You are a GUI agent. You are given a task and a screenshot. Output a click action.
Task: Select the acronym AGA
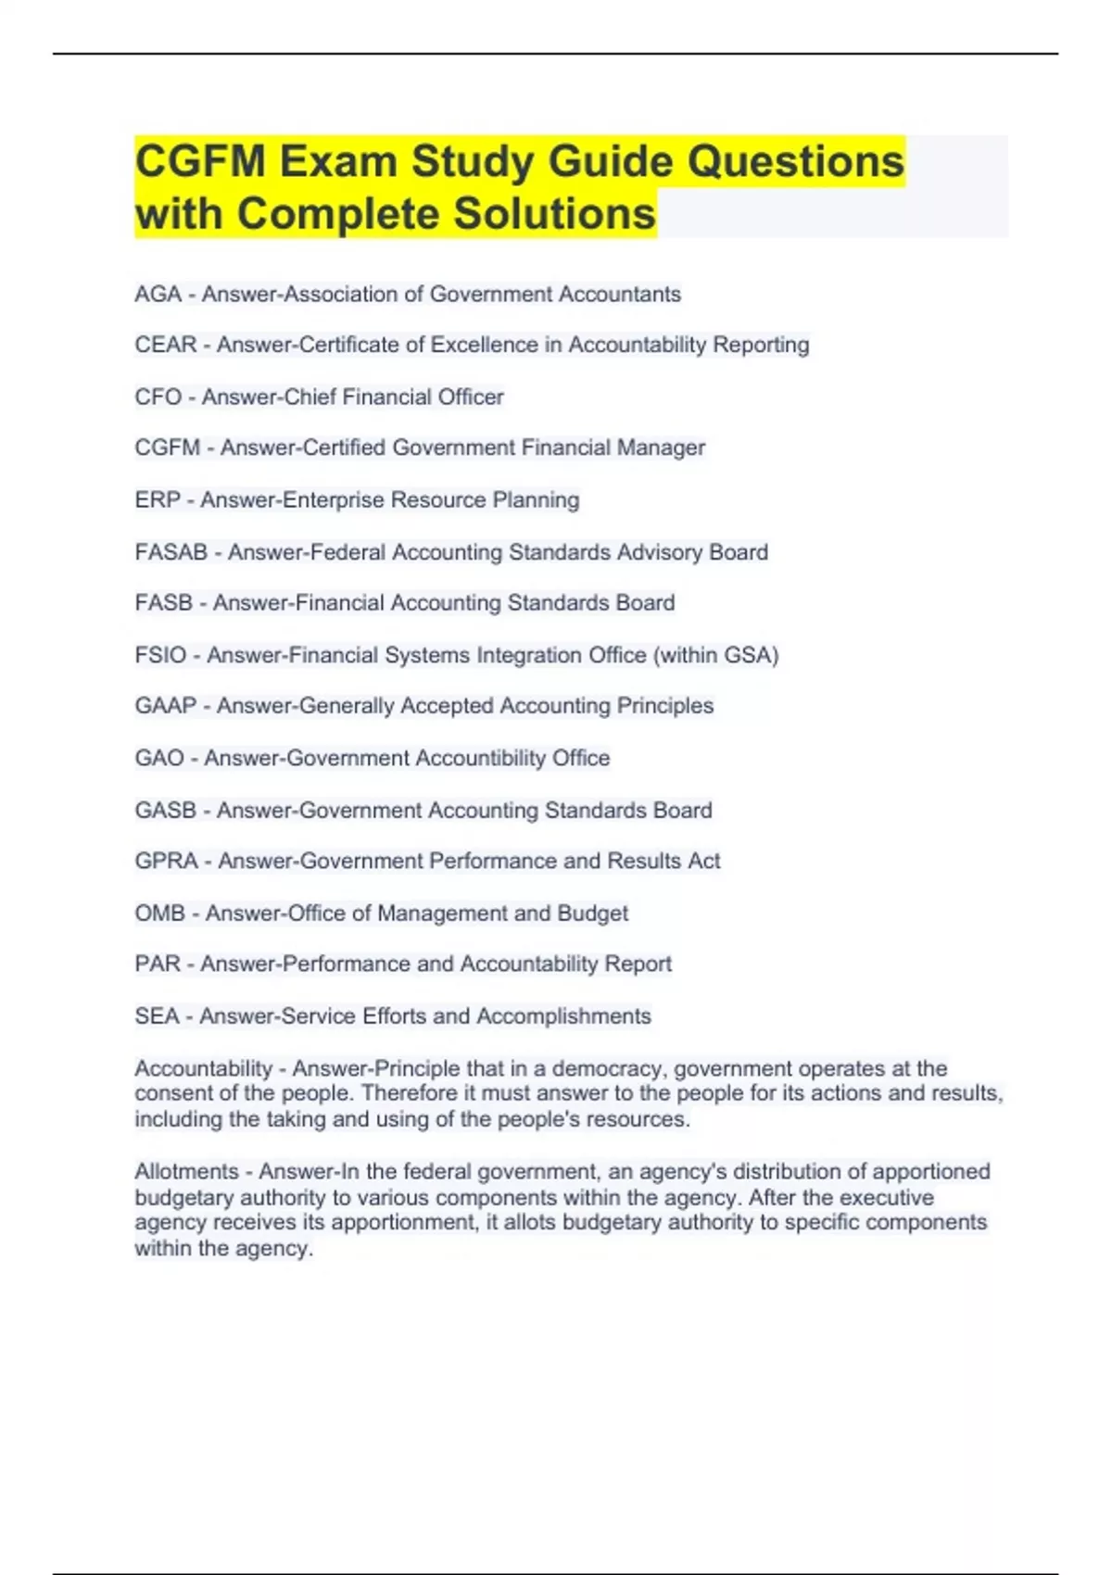tap(158, 295)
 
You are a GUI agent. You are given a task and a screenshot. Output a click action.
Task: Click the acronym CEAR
tap(166, 346)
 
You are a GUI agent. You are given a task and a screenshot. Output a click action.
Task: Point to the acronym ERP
tap(158, 500)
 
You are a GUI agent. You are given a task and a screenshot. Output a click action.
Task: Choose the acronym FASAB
tap(171, 553)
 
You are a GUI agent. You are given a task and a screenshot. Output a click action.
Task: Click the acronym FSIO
tap(160, 656)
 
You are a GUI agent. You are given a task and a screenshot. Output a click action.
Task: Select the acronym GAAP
tap(166, 706)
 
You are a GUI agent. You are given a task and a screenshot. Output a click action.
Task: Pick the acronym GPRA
tap(167, 862)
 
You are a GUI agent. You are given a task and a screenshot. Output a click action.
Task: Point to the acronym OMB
tap(160, 913)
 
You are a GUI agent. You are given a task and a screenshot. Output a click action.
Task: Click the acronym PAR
tap(158, 964)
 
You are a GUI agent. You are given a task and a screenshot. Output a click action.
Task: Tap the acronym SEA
tap(157, 1016)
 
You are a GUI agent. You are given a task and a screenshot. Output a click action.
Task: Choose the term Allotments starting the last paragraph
tap(186, 1172)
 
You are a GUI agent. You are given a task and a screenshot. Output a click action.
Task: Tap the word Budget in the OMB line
tap(592, 913)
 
